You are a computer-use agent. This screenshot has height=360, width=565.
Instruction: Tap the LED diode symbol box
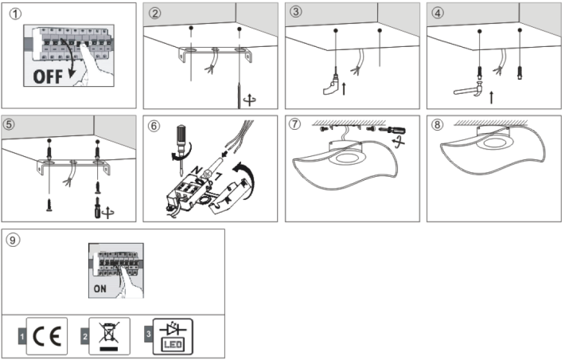click(172, 335)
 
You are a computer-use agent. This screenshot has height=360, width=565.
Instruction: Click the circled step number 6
click(154, 125)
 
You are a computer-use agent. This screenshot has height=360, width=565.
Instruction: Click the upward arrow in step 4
click(491, 97)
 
